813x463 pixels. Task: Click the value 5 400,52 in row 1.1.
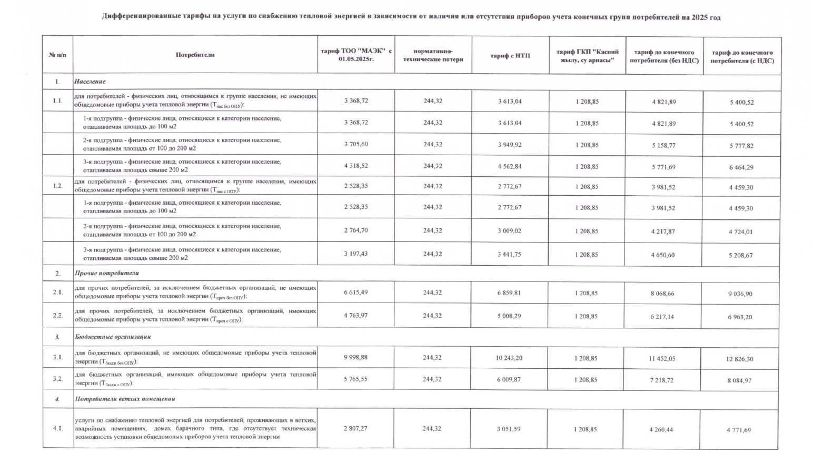741,102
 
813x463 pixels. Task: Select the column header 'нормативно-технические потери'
433,55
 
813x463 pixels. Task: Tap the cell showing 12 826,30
739,359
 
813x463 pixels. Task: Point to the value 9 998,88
355,357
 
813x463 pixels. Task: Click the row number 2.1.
57,292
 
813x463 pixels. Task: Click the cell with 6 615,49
355,292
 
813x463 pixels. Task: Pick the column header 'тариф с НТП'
510,55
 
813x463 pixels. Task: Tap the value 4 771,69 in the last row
739,430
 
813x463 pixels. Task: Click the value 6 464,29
741,167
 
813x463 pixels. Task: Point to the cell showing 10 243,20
509,358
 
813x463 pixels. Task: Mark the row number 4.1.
57,428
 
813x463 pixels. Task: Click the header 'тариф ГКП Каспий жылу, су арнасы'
587,55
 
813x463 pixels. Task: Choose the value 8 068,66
662,293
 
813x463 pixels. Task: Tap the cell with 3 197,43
355,254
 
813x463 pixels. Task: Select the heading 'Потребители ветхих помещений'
125,399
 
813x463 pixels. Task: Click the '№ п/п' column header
57,55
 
